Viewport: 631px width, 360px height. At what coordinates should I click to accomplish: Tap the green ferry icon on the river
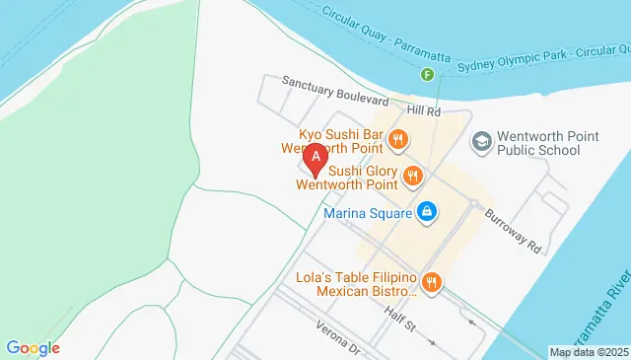pos(427,75)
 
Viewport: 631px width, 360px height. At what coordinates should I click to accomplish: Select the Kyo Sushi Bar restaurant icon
pos(398,139)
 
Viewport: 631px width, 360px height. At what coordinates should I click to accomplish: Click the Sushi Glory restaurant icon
pos(412,178)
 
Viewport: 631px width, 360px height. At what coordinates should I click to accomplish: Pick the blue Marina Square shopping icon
pos(427,211)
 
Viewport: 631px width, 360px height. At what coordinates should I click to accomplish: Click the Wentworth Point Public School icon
pos(481,141)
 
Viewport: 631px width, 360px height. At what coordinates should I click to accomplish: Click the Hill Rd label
pos(426,112)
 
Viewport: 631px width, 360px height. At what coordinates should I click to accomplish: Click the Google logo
pos(33,347)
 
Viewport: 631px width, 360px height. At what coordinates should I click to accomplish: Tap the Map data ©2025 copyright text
pos(588,352)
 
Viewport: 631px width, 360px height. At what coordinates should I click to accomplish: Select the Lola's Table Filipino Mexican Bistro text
pos(356,284)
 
